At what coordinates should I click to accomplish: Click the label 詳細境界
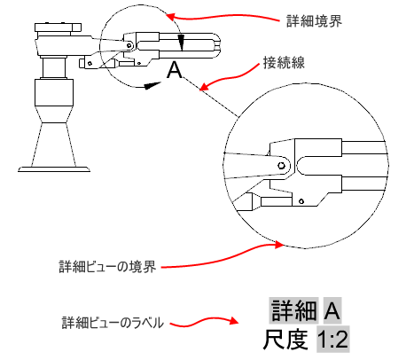coord(314,21)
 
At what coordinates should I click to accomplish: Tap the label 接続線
coord(284,62)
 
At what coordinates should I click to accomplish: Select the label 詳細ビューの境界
coord(107,267)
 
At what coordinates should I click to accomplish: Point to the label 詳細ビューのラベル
coord(113,323)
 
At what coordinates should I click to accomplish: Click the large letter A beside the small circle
coord(175,70)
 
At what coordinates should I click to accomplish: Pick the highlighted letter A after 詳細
coord(332,310)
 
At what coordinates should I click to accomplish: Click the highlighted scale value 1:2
coord(333,339)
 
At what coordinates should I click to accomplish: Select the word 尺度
coord(285,339)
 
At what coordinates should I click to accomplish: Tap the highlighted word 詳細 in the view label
coord(293,310)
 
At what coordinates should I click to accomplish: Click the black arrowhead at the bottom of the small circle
coord(152,85)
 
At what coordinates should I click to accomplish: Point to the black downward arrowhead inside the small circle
coord(181,43)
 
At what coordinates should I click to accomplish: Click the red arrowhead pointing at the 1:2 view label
coord(233,321)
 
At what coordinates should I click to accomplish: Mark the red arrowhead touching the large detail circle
coord(278,245)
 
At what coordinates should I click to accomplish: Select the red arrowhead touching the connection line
coord(204,87)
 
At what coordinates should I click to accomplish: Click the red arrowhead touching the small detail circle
coord(172,16)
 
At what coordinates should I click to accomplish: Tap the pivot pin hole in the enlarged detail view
coord(282,166)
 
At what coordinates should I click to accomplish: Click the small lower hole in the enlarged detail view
coord(301,201)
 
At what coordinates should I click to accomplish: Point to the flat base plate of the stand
coord(54,169)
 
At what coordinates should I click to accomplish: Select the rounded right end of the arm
coord(216,46)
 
